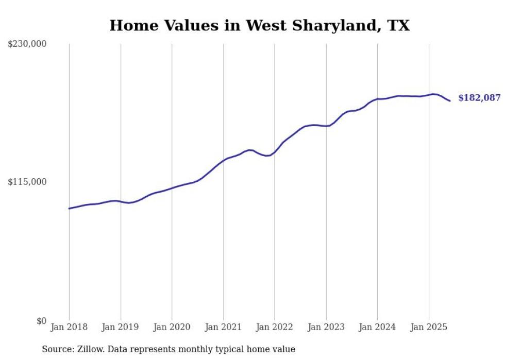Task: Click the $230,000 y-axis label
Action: pyautogui.click(x=27, y=44)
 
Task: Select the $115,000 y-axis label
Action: pyautogui.click(x=27, y=182)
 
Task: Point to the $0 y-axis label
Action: pyautogui.click(x=41, y=321)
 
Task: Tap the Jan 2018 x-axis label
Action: pyautogui.click(x=69, y=328)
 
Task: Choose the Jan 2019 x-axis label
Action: pyautogui.click(x=121, y=328)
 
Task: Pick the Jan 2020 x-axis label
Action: pyautogui.click(x=172, y=328)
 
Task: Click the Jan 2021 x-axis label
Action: pyautogui.click(x=223, y=328)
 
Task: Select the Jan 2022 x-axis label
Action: pyautogui.click(x=275, y=328)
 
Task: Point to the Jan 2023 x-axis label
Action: pyautogui.click(x=326, y=328)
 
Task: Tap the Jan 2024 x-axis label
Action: pyautogui.click(x=377, y=328)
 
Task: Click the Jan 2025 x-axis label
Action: pyautogui.click(x=429, y=328)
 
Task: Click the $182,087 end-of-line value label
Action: pyautogui.click(x=479, y=98)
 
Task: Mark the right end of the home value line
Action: pyautogui.click(x=450, y=100)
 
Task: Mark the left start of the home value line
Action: pyautogui.click(x=69, y=209)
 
